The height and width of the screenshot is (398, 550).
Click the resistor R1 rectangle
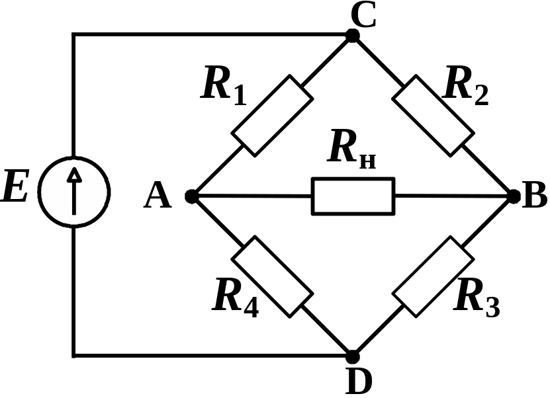pos(272,116)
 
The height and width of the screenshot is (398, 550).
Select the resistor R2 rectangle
pos(434,116)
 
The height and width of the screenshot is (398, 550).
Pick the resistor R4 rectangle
pos(272,276)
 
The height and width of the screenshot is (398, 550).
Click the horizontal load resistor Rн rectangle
pos(353,196)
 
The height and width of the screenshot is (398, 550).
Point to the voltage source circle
pos(74,190)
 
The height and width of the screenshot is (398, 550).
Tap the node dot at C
pos(353,36)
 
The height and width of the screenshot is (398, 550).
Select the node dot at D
pos(353,356)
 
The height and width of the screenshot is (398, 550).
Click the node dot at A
pos(191,196)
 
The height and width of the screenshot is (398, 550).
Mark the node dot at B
pos(514,196)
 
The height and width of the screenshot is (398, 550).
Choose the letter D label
pos(359,380)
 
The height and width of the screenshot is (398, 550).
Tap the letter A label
pos(158,196)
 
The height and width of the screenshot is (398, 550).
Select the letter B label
pos(534,196)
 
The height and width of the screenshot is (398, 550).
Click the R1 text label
pos(224,87)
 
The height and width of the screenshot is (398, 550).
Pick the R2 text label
pos(466,87)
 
